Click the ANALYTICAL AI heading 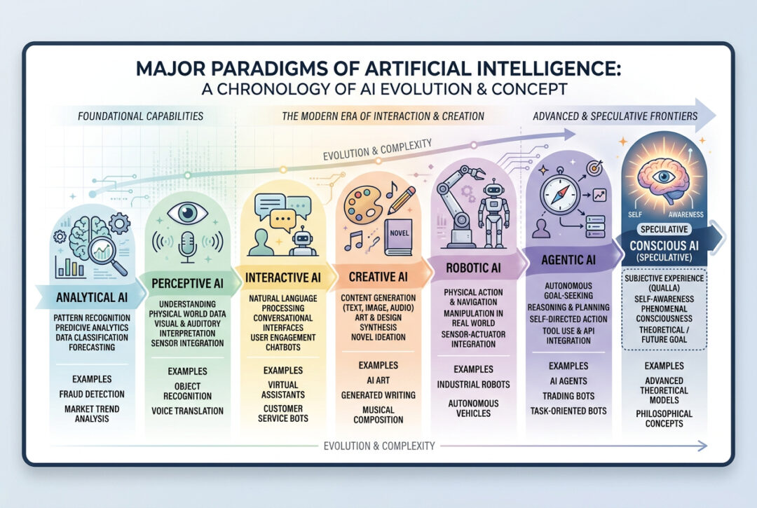coord(92,297)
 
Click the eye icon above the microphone coord(187,213)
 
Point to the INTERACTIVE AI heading coord(283,277)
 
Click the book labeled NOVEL coord(398,238)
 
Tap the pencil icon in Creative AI coord(401,200)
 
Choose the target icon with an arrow coord(594,168)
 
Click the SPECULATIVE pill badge coord(664,229)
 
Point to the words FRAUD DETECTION coord(92,394)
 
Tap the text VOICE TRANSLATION coord(187,411)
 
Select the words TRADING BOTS coord(568,396)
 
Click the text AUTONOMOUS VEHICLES coord(474,408)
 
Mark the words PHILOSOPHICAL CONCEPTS coord(664,419)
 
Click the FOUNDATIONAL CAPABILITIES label coord(140,116)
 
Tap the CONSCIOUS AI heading coord(664,245)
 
